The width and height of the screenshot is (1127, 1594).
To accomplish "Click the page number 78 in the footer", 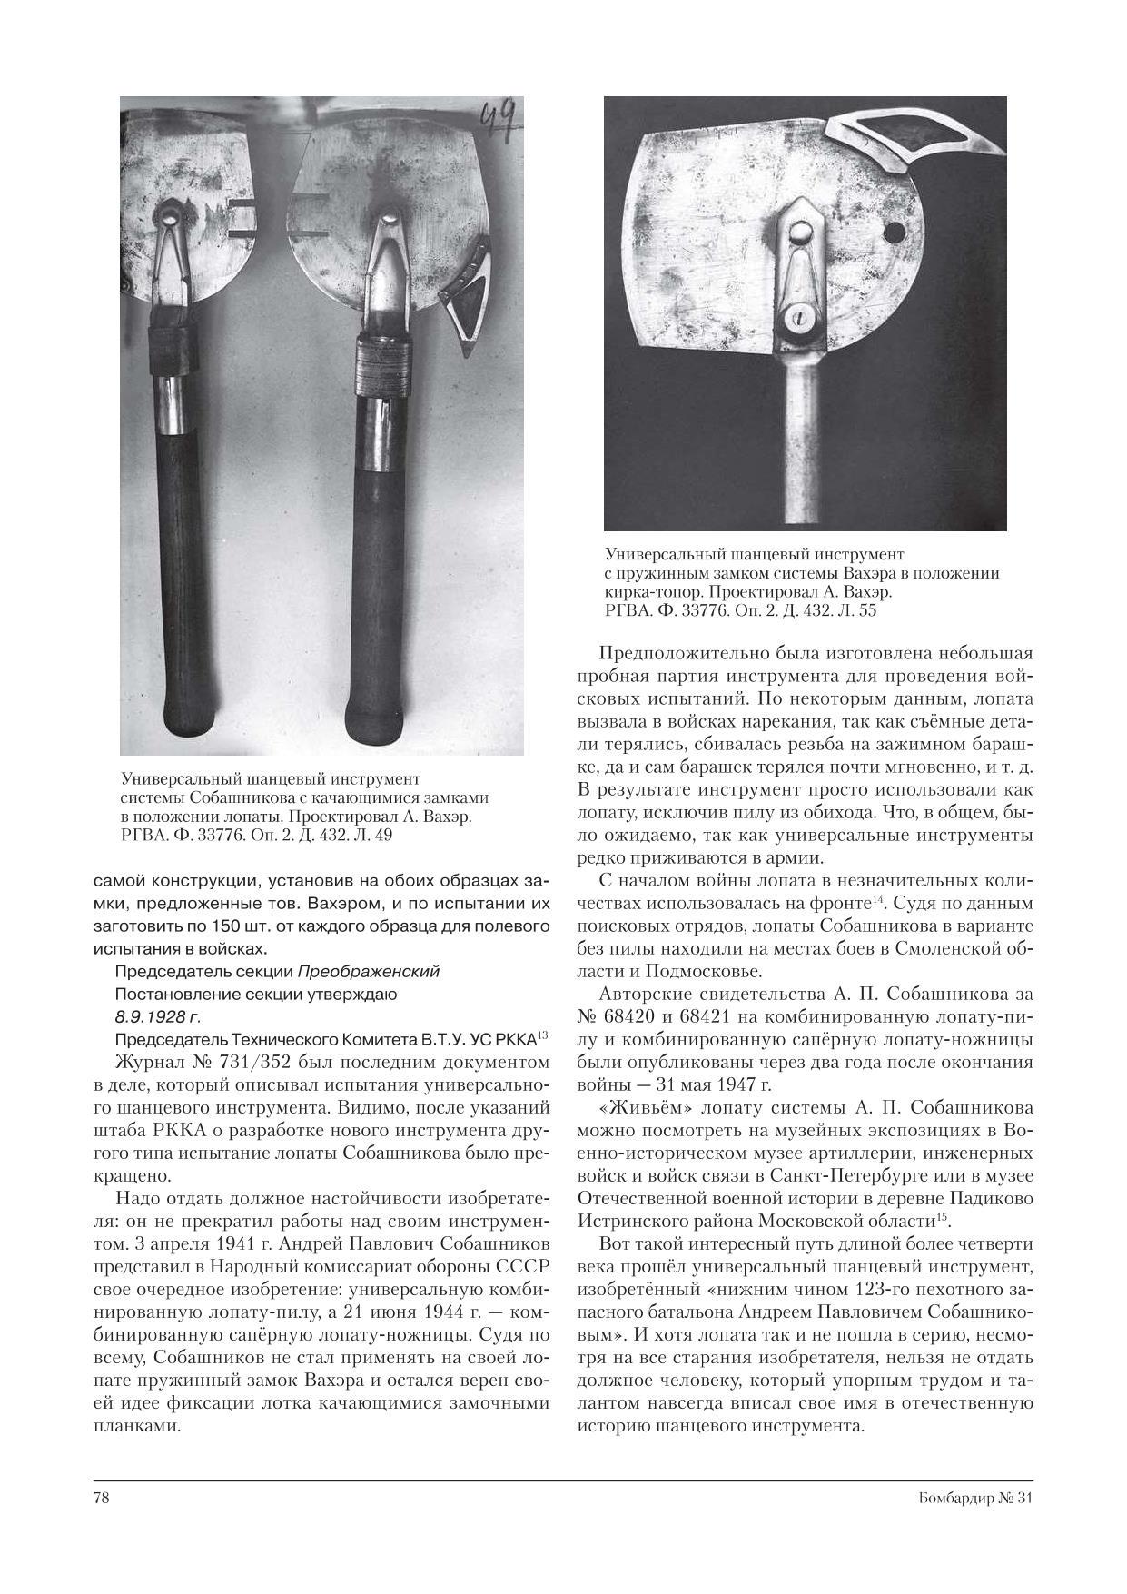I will [101, 1500].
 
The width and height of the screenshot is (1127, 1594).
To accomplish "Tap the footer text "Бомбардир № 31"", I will [969, 1500].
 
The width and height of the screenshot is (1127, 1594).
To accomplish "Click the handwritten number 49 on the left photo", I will [498, 119].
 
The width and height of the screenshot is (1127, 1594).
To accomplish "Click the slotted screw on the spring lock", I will [798, 317].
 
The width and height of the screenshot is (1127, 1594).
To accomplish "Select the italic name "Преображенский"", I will [369, 972].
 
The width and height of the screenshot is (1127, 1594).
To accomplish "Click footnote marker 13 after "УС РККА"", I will [543, 1035].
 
